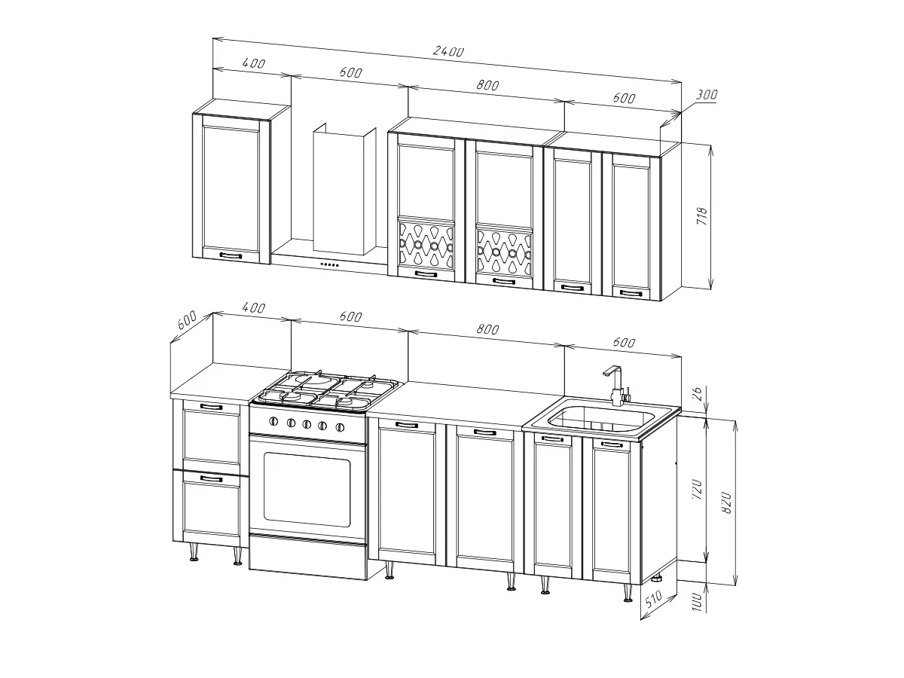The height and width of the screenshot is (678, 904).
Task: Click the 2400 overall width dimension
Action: pyautogui.click(x=448, y=51)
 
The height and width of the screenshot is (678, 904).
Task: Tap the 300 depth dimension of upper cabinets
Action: pyautogui.click(x=707, y=95)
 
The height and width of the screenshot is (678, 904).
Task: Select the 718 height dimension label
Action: pyautogui.click(x=702, y=215)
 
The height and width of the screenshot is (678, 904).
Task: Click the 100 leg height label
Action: pyautogui.click(x=696, y=601)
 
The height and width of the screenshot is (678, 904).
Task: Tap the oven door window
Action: pyautogui.click(x=307, y=490)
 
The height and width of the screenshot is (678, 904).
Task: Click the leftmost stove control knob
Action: pyautogui.click(x=273, y=420)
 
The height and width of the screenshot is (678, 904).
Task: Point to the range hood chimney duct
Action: pyautogui.click(x=344, y=191)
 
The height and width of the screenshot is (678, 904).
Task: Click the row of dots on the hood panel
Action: pyautogui.click(x=329, y=264)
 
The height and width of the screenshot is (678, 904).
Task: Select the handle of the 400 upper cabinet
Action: pyautogui.click(x=231, y=255)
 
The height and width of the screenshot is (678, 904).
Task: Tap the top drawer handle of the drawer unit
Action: pyautogui.click(x=211, y=407)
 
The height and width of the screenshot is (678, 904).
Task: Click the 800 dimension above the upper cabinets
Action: pyautogui.click(x=487, y=85)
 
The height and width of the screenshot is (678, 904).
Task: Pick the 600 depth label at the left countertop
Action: pyautogui.click(x=187, y=319)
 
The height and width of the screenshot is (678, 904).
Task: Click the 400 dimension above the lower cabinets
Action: pyautogui.click(x=253, y=307)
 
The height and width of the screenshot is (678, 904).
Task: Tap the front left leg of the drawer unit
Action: pyautogui.click(x=194, y=551)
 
